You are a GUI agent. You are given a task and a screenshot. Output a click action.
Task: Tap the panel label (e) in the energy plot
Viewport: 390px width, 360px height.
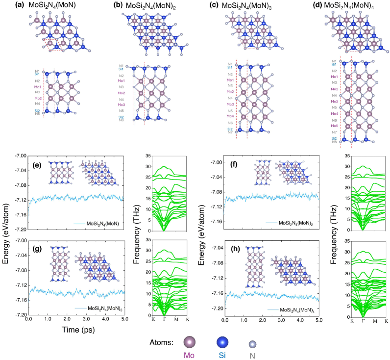tap(36, 165)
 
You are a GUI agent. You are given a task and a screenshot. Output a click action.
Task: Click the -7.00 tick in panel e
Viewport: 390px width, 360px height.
tap(19, 155)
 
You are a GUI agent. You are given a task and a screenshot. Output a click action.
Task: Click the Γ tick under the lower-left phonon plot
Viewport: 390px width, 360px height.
tap(165, 319)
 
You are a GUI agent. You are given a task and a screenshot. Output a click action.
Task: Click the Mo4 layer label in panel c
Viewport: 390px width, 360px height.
tap(230, 116)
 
